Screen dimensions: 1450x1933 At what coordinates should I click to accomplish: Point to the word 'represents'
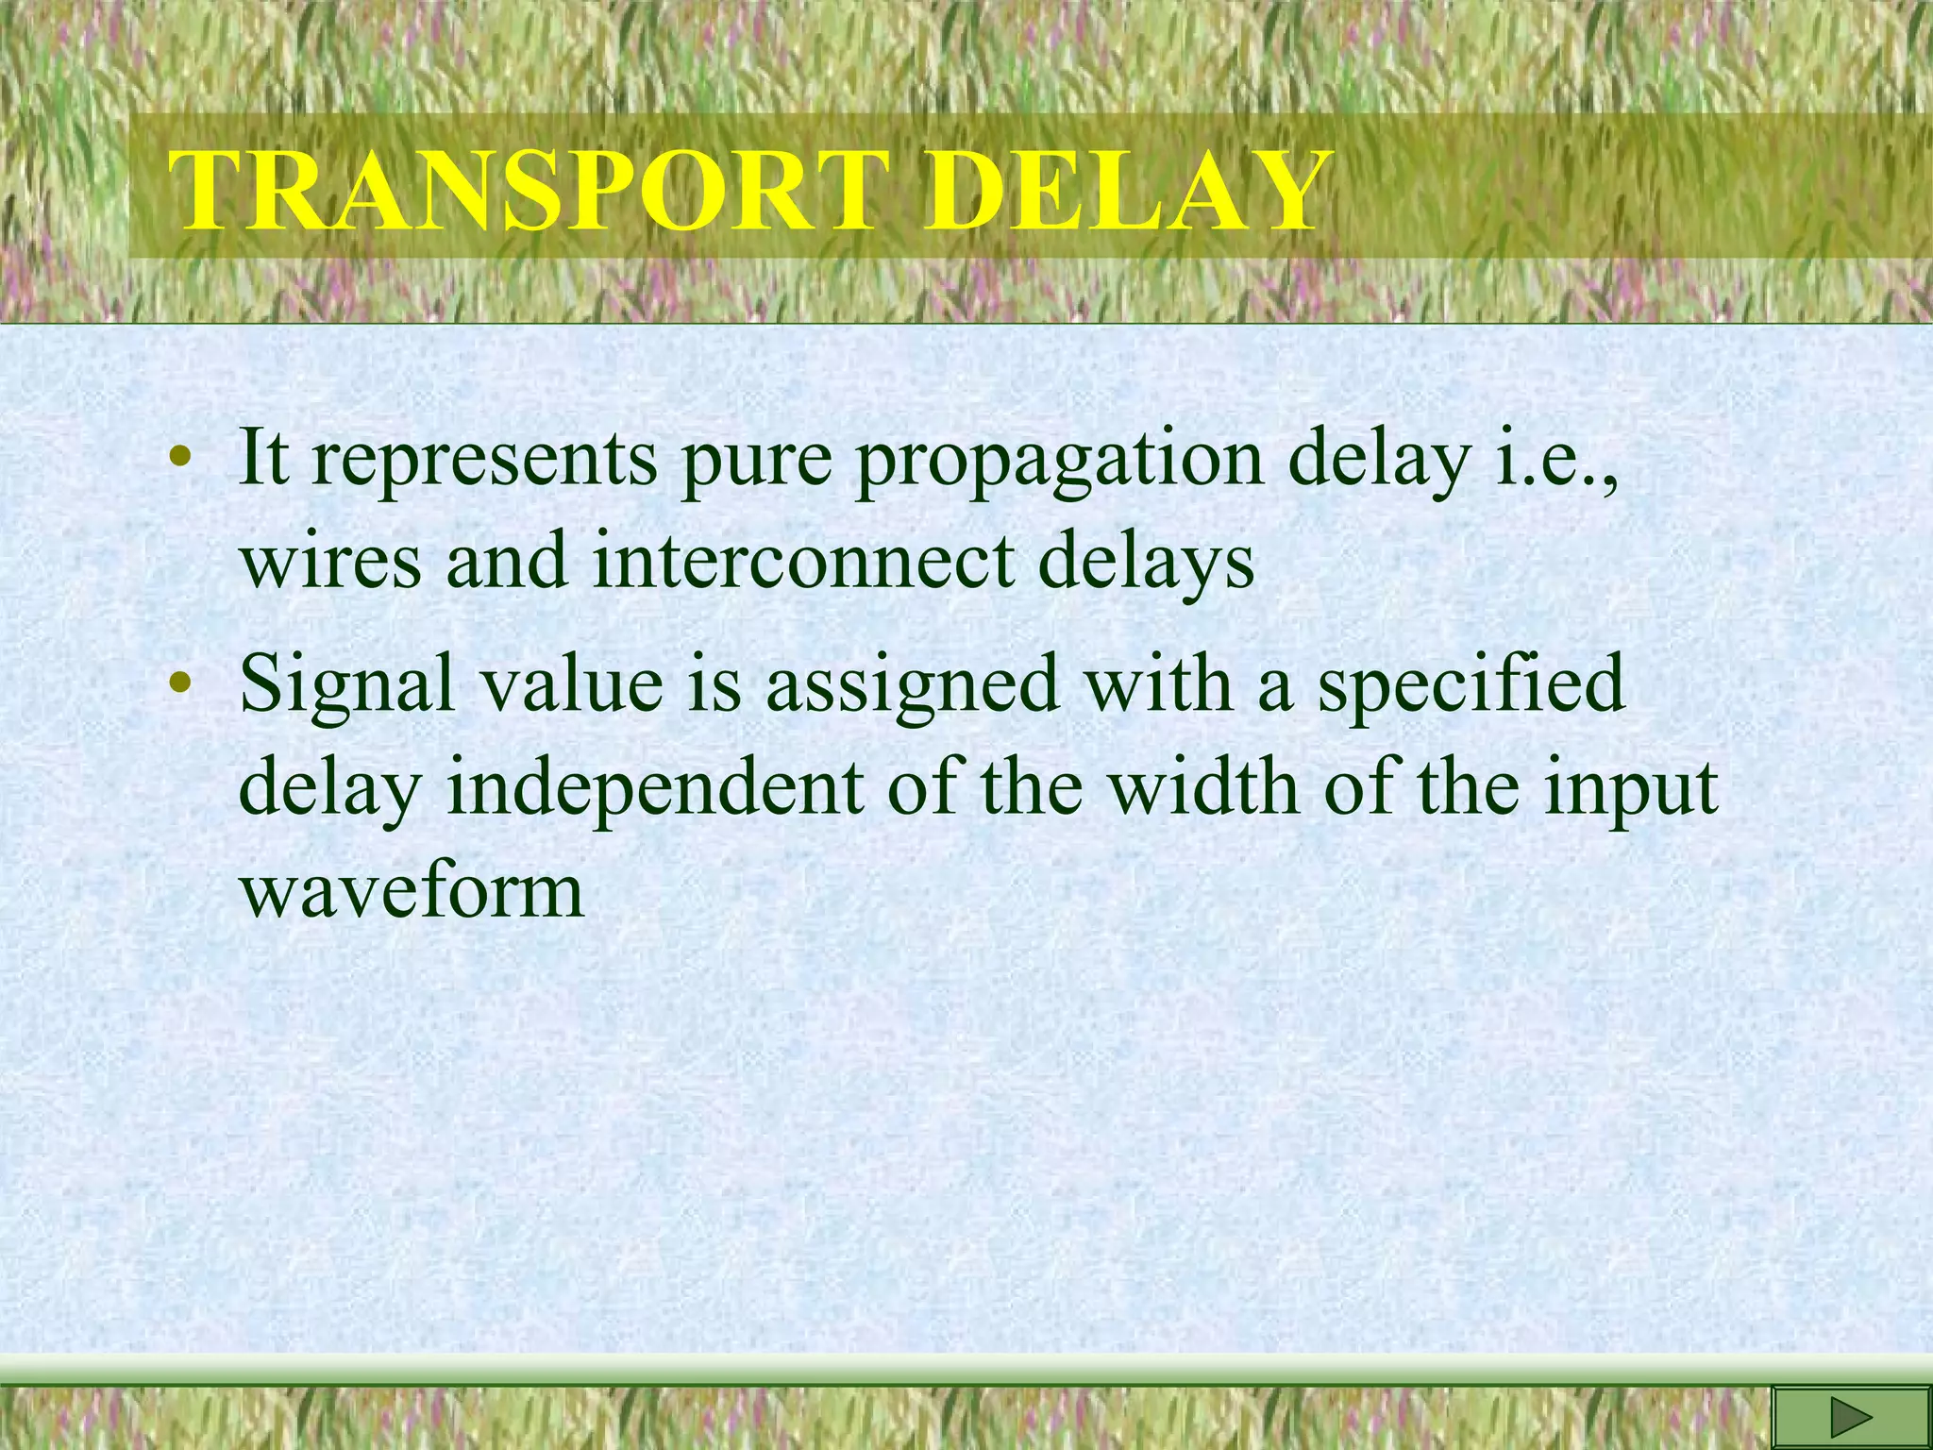click(x=484, y=460)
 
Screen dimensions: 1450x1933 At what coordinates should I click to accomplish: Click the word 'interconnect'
click(x=802, y=562)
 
